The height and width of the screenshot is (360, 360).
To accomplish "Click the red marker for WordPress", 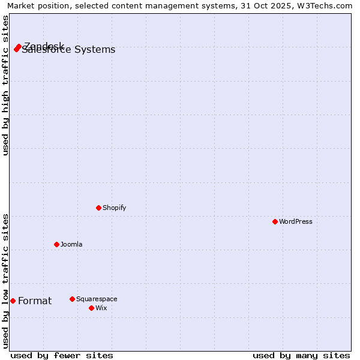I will pos(275,221).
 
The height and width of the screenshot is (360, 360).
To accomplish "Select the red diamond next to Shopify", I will pos(98,208).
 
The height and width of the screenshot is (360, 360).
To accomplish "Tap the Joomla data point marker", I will pos(56,244).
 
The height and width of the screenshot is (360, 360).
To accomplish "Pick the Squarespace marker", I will pos(72,299).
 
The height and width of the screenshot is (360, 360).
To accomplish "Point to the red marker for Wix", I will pos(91,308).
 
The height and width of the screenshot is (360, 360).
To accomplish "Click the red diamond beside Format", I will pos(13,301).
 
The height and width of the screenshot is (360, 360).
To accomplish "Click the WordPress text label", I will pos(295,221).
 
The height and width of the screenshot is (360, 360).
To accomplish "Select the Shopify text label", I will pos(114,208).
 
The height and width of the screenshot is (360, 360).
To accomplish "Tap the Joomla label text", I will pos(71,244).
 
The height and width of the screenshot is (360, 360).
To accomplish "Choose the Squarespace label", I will pos(97,299).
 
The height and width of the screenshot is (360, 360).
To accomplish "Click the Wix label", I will pos(101,308).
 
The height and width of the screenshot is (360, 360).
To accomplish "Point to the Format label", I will pos(35,301).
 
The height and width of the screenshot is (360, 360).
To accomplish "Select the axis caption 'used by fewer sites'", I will pos(62,355).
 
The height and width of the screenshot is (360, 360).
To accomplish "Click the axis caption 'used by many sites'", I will pos(301,355).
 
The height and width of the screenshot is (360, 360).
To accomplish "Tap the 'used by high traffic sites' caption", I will pos(6,85).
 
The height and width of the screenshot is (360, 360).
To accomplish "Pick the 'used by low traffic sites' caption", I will pos(6,281).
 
